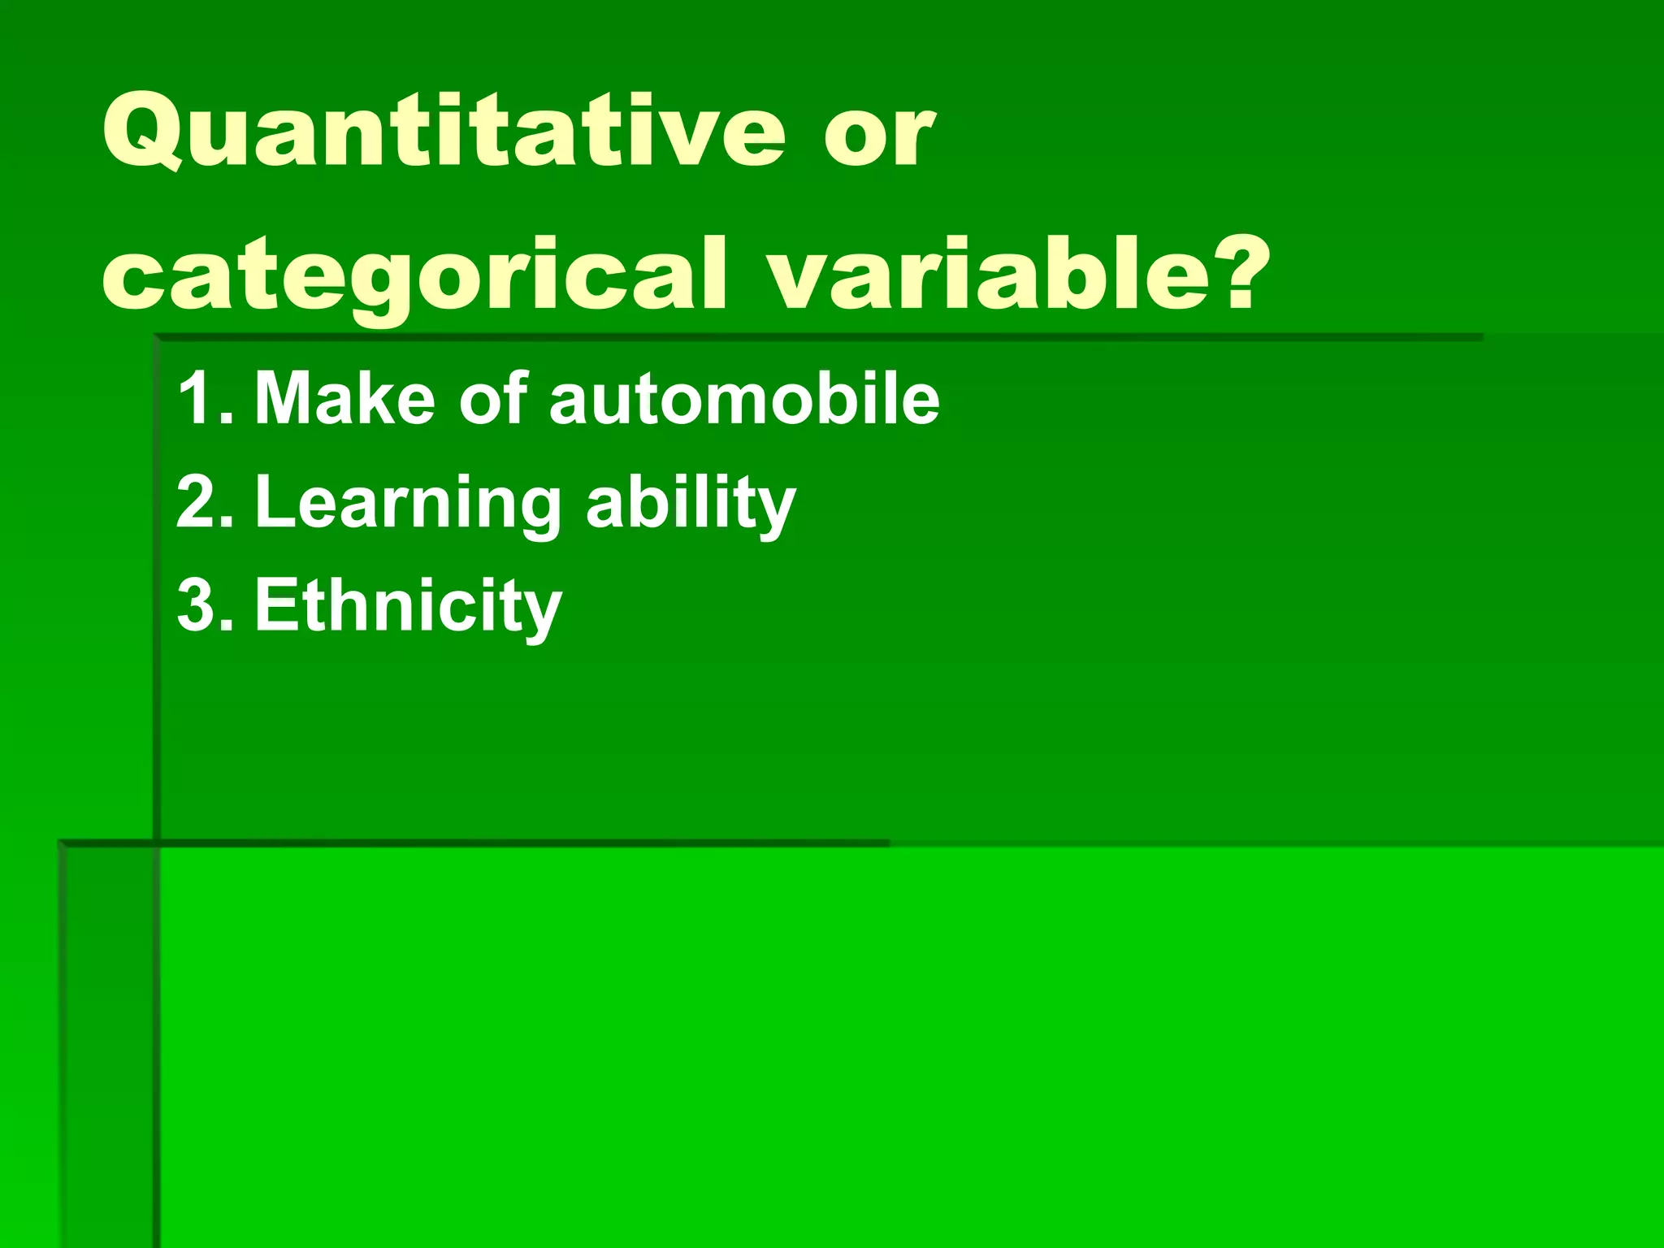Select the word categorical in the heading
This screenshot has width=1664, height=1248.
coord(414,276)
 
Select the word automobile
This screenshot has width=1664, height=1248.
coord(744,398)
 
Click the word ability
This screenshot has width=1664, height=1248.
coord(691,504)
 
